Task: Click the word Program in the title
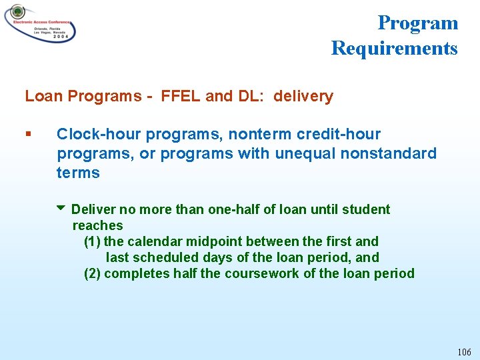(418, 23)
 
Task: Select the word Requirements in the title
(394, 49)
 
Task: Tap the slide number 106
(464, 351)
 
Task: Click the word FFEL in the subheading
(181, 97)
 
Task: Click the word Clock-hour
(99, 135)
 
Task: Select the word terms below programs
(78, 173)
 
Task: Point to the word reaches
(97, 226)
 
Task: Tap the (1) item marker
(92, 242)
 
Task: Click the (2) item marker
(92, 274)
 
